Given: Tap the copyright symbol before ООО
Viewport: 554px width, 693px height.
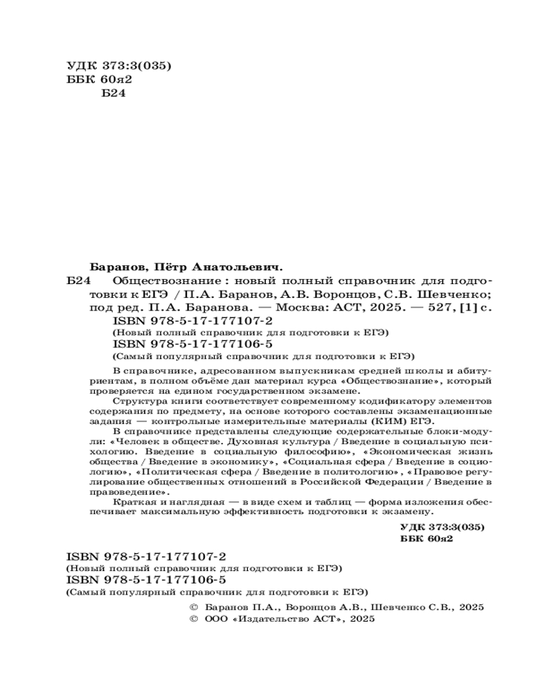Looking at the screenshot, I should (195, 619).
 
